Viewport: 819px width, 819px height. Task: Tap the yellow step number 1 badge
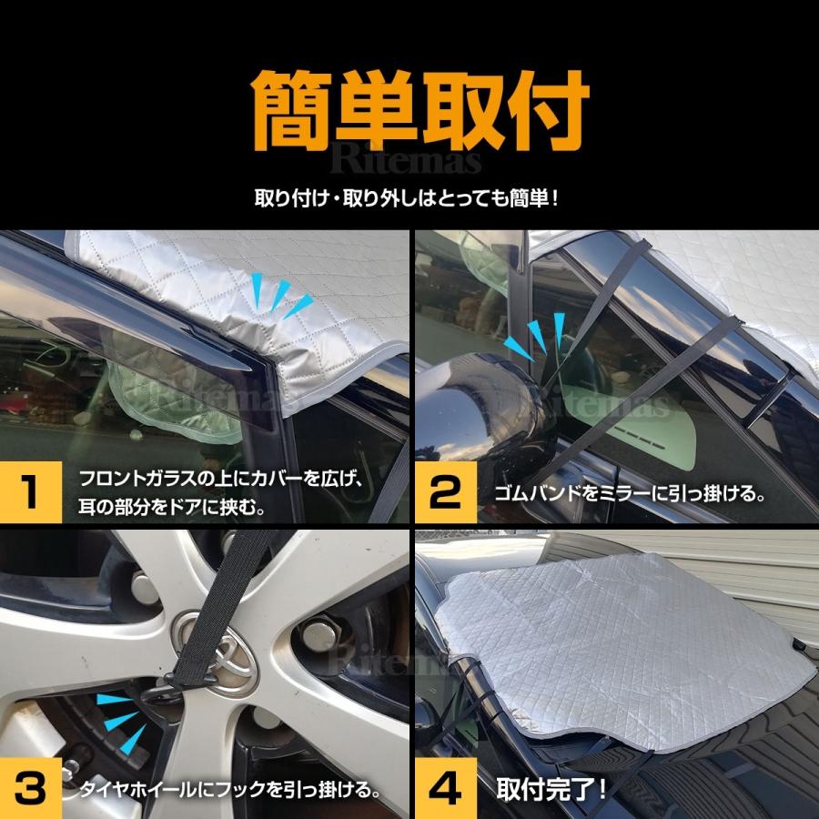pyautogui.click(x=31, y=492)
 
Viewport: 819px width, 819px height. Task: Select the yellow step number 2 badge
pyautogui.click(x=446, y=492)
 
